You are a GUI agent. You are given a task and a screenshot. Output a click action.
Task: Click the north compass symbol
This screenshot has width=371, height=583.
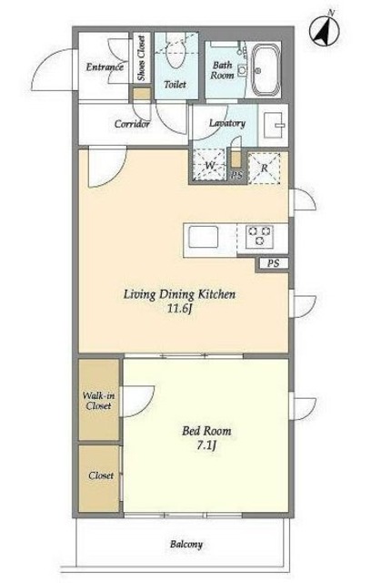325,30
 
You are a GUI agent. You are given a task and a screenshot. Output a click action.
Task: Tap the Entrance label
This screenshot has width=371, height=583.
105,66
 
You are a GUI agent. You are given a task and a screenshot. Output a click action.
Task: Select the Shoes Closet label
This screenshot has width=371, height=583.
141,58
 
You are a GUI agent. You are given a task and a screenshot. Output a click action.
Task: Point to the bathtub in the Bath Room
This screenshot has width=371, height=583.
266,70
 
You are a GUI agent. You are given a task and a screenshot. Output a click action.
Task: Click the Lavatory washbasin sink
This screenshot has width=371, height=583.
274,125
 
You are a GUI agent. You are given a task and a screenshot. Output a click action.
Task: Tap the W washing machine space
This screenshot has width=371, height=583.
209,165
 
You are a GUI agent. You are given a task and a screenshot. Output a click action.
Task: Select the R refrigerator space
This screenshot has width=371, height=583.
264,168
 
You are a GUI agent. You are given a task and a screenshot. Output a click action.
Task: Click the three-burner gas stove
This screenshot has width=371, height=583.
260,236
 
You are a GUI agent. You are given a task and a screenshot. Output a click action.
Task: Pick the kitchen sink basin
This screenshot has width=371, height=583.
203,237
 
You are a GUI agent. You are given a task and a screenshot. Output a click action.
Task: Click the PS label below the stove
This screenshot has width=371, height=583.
274,263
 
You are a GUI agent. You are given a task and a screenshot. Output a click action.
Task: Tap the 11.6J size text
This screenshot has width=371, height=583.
179,309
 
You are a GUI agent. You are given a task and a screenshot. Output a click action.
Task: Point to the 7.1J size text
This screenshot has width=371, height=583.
206,445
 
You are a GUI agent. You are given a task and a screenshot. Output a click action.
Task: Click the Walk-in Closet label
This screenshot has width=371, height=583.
98,401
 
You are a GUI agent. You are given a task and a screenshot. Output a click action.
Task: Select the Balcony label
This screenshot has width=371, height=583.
186,545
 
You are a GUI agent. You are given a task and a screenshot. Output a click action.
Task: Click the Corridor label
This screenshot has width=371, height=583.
132,124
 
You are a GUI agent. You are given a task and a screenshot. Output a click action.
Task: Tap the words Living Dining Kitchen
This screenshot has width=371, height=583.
179,294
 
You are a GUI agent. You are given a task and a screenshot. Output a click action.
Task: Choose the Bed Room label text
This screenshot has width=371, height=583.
206,431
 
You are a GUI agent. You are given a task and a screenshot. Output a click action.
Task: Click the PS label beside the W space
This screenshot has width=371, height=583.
236,176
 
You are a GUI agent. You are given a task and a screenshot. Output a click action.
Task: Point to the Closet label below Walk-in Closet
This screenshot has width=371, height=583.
101,476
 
